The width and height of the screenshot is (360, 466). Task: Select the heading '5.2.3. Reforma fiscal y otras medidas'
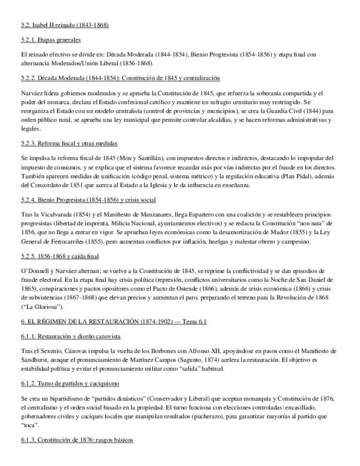(x=69, y=143)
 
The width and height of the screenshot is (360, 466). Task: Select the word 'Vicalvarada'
(x=57, y=214)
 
